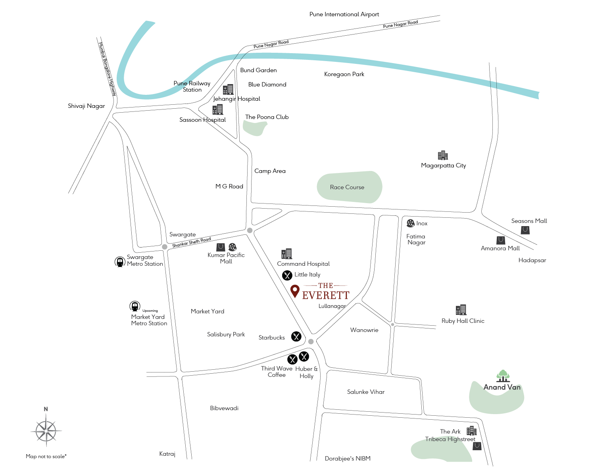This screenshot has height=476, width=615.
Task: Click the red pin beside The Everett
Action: point(295,291)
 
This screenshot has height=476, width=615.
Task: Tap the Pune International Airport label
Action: point(344,14)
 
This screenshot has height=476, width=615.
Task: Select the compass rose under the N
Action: point(46,431)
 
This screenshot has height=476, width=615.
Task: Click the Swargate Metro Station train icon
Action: point(120,261)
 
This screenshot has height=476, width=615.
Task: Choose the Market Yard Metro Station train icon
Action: point(135,307)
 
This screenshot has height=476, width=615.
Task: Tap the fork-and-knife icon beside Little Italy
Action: point(287,275)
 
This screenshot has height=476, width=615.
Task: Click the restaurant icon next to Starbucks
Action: point(296,336)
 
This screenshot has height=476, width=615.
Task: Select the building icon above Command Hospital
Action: point(286,254)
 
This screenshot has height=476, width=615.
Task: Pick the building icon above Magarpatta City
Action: point(443,155)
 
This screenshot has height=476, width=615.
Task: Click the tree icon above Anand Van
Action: point(503,376)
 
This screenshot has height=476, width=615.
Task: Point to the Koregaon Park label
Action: point(344,74)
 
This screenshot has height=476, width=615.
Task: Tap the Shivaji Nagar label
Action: point(86,106)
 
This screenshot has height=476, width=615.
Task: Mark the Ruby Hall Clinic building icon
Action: point(461,310)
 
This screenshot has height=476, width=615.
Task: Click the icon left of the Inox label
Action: point(410,224)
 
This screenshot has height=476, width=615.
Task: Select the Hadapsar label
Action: point(532,260)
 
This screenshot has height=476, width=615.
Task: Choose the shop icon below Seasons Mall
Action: point(525,230)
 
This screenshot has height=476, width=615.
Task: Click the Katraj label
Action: point(167,454)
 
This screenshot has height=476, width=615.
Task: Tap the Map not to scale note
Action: point(46,457)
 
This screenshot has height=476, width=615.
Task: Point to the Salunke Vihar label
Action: point(366,392)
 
